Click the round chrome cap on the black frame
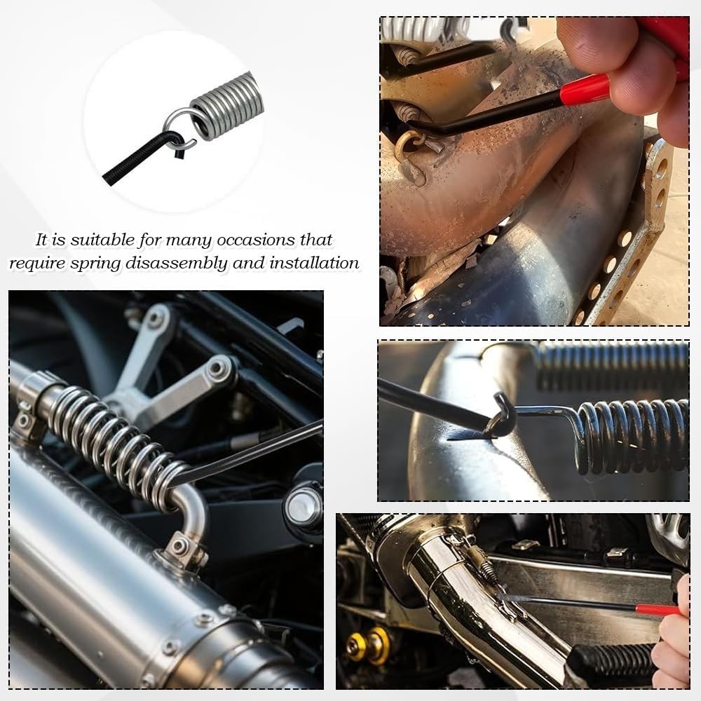point(304,506)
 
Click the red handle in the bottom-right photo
point(659,609)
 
